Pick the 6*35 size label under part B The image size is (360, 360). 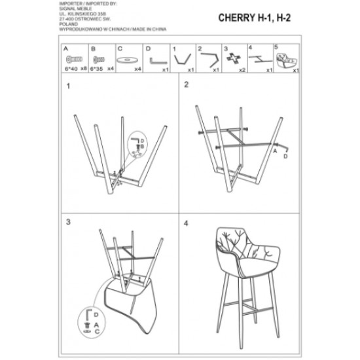coord(97,67)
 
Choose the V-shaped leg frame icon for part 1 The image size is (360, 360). coord(183,58)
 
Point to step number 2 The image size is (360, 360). coord(186,84)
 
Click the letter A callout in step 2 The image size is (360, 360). coord(277,150)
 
